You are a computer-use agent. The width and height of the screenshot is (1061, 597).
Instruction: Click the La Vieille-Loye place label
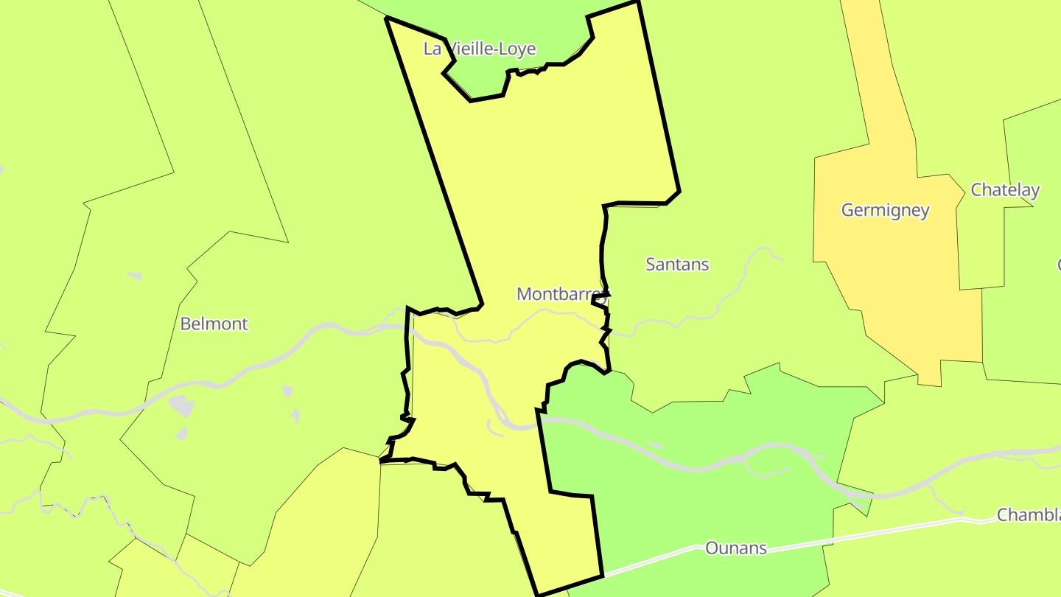479,49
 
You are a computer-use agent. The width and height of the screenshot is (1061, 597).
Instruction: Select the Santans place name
676,264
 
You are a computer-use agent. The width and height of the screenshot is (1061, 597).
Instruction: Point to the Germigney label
885,210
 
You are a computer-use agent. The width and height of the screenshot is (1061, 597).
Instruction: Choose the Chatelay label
1004,189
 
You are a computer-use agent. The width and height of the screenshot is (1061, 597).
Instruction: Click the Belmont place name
214,324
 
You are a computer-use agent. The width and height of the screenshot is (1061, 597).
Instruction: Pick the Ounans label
735,548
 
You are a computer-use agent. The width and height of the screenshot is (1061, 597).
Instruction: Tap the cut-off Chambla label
1028,514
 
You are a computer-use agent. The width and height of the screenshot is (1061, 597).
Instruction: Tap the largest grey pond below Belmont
181,405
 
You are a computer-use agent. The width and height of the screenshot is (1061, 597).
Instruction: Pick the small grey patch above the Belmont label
134,276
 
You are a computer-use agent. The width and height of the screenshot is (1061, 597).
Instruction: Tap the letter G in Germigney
847,210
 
